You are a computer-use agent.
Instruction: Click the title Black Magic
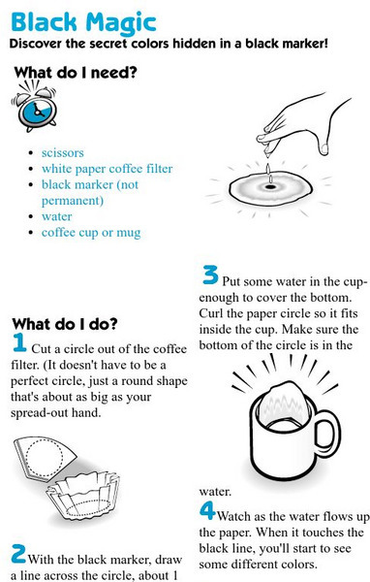coord(83,22)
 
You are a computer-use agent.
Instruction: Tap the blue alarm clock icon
coord(34,108)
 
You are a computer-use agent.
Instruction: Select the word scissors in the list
coord(63,153)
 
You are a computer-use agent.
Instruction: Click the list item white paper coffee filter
coord(108,169)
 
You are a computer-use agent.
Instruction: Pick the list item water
coord(57,216)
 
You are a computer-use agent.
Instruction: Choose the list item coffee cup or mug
coord(91,233)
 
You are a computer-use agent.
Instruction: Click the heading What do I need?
coord(76,73)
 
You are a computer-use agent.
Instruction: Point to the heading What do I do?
coord(65,324)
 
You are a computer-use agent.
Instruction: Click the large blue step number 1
coord(19,342)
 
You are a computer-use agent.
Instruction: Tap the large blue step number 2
coord(18,554)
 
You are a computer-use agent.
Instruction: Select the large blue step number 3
coord(210,275)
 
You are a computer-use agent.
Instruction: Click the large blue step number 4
coord(207,510)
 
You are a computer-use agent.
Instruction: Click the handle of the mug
coord(327,433)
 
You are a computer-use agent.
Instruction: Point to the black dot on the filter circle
coord(270,186)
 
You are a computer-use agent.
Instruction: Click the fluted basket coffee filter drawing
coord(84,495)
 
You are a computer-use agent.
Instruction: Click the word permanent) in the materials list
coord(73,201)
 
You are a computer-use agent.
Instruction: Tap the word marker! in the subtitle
coord(305,44)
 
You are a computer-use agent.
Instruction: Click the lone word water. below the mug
coord(215,492)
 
